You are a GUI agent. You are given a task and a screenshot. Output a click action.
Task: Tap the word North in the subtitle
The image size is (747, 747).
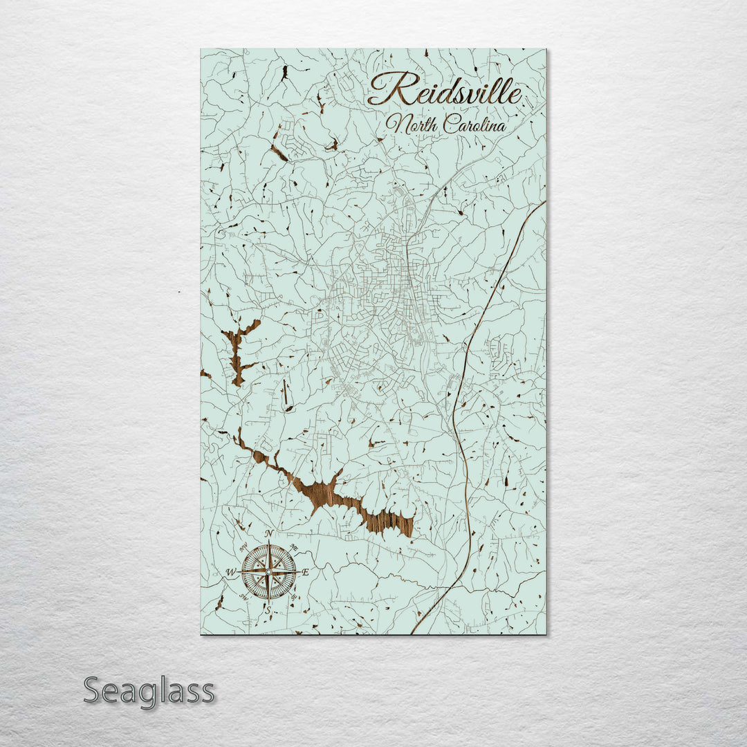pos(412,124)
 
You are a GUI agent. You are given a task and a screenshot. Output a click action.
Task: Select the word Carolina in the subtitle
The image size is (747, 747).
pos(474,124)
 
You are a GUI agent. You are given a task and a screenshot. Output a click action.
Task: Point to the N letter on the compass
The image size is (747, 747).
pos(269,533)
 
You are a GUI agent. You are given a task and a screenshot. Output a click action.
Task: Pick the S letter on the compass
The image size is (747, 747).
pos(268,611)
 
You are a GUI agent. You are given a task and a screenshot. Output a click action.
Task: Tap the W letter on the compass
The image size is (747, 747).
pos(231,572)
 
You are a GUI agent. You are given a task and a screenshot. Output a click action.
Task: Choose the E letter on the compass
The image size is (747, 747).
pos(305,572)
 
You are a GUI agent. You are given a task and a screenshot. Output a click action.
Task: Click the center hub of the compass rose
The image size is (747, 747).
pos(268,572)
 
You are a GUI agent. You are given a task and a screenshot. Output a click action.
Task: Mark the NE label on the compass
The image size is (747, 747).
pos(294,548)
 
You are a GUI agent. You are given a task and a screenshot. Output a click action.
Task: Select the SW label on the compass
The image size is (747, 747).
pos(243,596)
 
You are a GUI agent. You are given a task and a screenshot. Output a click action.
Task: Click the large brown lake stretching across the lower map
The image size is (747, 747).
pos(332,495)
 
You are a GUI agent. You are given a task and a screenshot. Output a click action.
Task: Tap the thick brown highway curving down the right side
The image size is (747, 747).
pos(462,415)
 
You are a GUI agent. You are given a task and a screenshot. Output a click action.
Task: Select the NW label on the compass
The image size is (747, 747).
pos(243,548)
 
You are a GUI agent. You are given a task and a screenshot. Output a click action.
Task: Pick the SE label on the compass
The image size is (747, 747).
pos(294,596)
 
